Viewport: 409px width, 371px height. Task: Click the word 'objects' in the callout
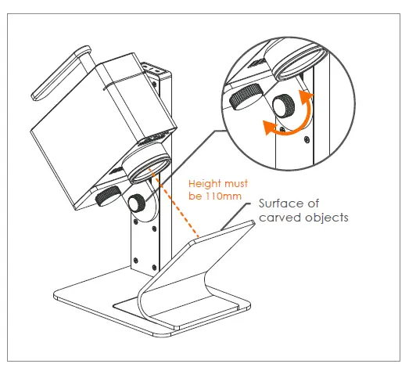coord(328,218)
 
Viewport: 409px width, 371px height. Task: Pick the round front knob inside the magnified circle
coord(285,104)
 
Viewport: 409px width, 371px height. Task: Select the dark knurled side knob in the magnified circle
coord(245,97)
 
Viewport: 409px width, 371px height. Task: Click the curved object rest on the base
coord(188,274)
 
